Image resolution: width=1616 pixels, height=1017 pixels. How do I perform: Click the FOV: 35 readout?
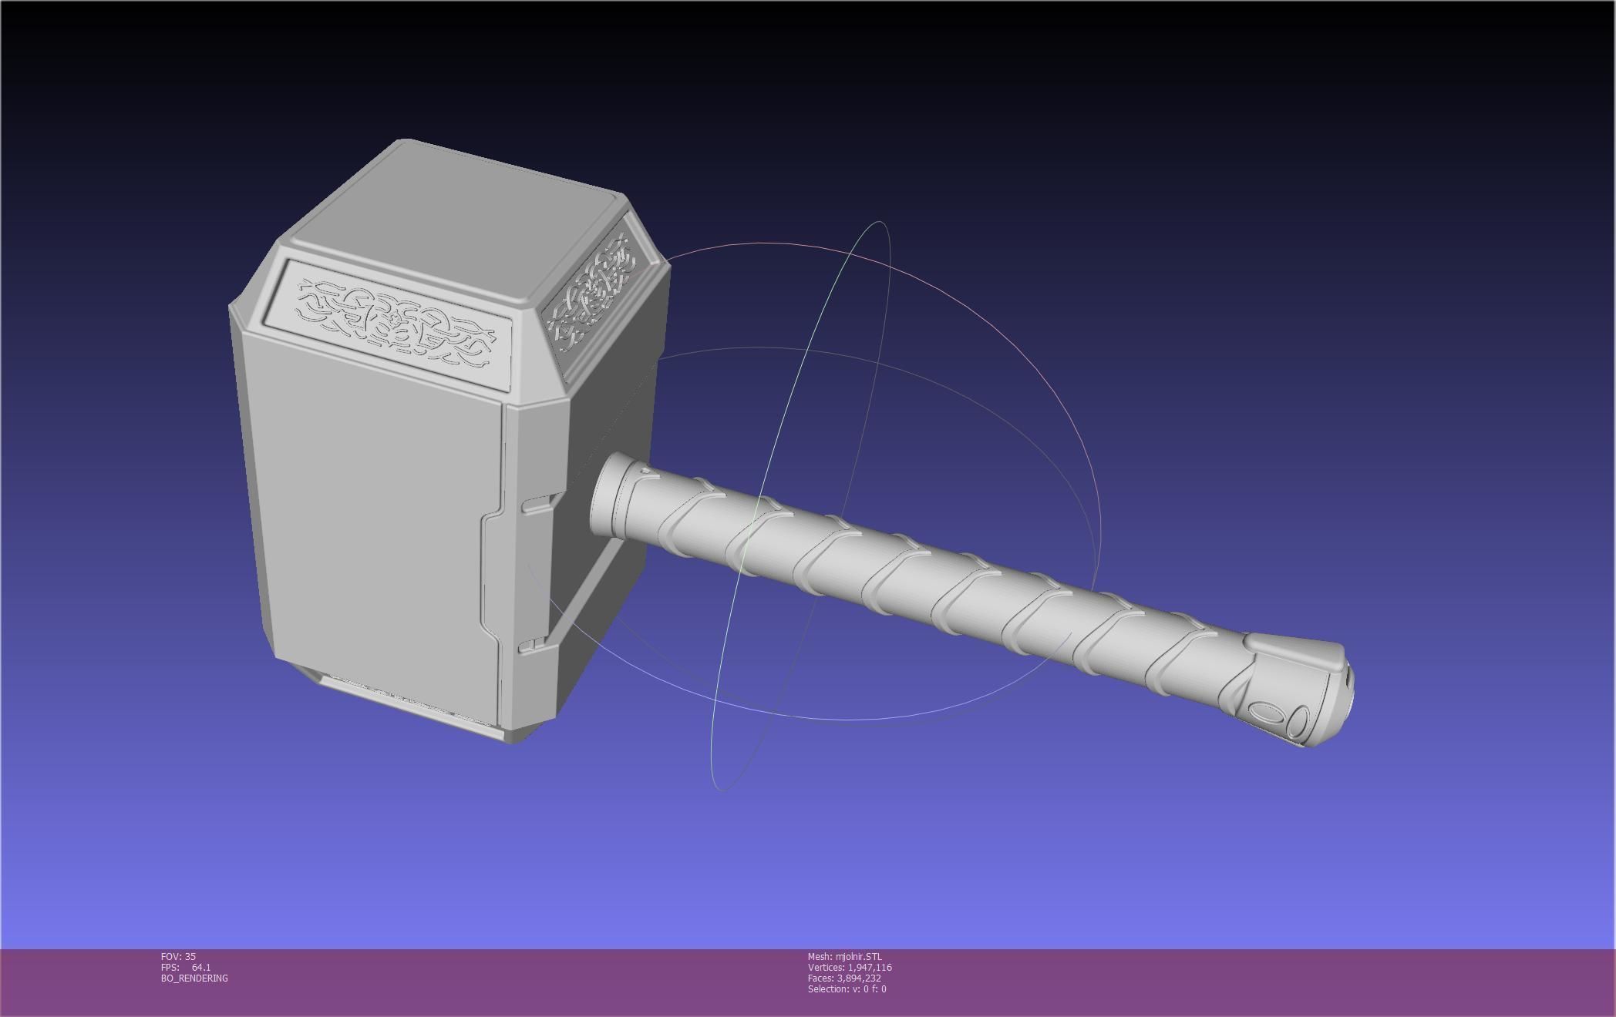point(178,956)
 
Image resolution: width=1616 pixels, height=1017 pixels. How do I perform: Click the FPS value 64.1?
point(201,967)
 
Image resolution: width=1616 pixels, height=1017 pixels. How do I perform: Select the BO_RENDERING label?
point(194,978)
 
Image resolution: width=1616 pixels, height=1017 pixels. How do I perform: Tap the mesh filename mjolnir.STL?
point(858,956)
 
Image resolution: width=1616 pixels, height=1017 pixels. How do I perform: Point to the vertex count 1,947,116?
point(870,967)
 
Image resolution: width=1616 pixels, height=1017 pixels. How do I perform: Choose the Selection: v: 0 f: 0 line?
point(847,988)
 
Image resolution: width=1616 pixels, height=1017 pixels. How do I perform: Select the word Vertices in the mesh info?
point(826,967)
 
